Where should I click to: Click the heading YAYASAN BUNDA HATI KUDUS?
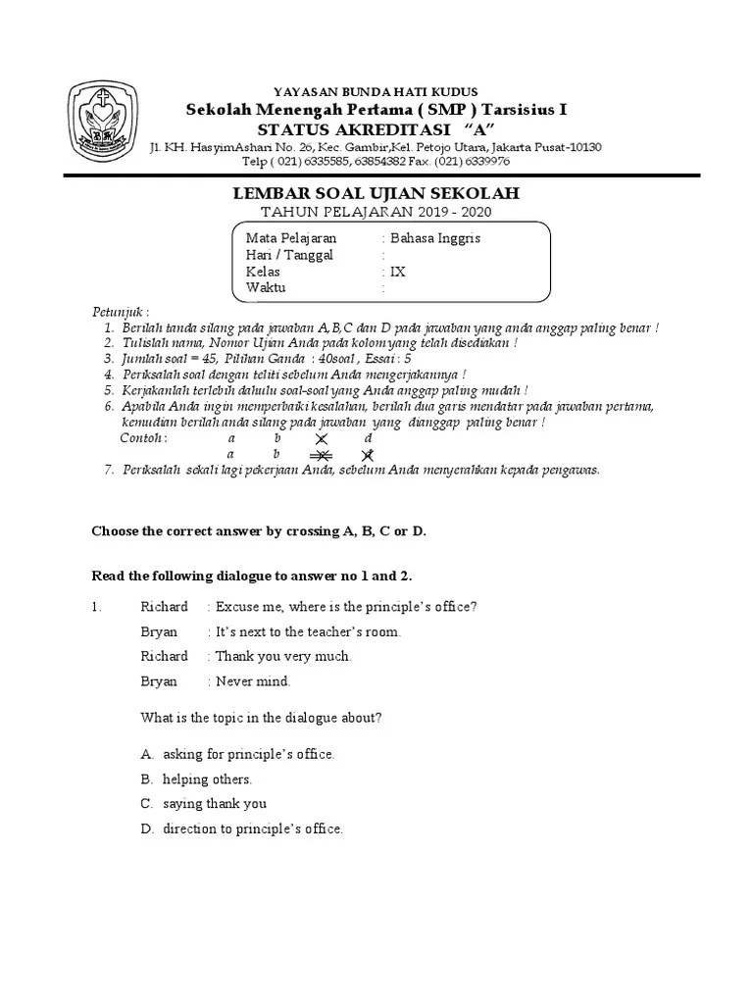tap(376, 92)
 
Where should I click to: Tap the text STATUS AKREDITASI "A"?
tap(376, 130)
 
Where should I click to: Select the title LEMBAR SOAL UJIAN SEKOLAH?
tap(376, 194)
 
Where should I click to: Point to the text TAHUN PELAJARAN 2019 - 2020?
tap(376, 213)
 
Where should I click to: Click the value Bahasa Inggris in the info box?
tap(434, 238)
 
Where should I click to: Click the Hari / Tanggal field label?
tap(289, 255)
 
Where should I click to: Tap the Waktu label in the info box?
tap(266, 288)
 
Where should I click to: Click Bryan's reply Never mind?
tap(253, 681)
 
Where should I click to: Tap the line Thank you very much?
tap(283, 656)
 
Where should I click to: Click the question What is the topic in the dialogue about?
tap(261, 718)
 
